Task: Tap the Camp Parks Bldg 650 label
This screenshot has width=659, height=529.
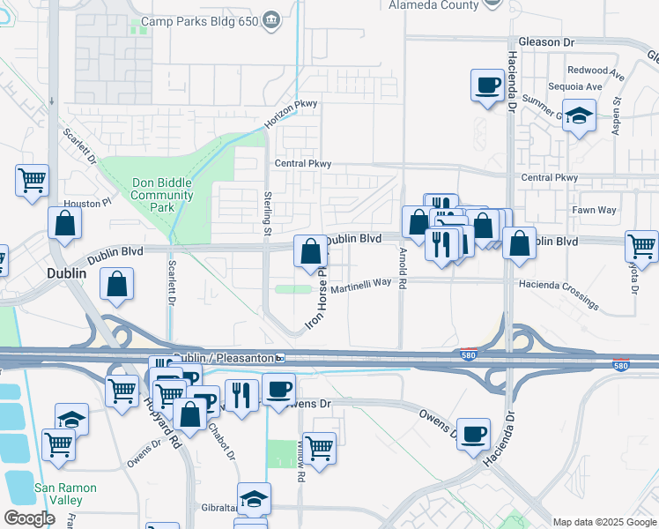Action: click(198, 20)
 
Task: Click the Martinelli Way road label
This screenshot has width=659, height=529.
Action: click(360, 283)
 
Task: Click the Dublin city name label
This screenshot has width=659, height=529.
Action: click(67, 273)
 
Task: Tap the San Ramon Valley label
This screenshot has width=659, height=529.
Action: click(65, 494)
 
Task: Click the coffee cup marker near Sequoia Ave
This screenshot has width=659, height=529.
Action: click(487, 86)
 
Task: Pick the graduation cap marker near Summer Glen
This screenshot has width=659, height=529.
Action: click(579, 115)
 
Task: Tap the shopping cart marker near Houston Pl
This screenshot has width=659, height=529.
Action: click(32, 180)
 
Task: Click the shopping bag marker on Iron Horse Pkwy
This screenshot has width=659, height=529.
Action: click(311, 252)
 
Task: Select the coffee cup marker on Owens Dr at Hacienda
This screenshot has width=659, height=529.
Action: click(473, 434)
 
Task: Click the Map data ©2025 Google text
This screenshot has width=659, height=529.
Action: click(603, 522)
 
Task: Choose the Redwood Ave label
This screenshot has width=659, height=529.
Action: click(588, 70)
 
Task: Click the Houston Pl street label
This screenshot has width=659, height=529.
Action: click(93, 203)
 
